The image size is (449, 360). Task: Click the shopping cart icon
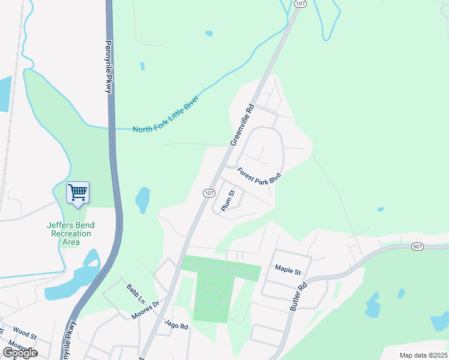tap(77, 193)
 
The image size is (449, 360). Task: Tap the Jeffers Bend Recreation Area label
tap(71, 233)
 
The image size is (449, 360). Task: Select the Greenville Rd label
tap(243, 124)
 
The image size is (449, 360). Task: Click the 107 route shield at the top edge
tap(300, 4)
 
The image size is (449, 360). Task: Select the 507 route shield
tap(419, 247)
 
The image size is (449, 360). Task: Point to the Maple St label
tap(288, 271)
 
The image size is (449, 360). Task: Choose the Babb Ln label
tap(135, 292)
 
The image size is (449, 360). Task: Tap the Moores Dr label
tap(146, 310)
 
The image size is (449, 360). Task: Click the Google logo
tap(20, 352)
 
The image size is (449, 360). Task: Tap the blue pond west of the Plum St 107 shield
tap(143, 200)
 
